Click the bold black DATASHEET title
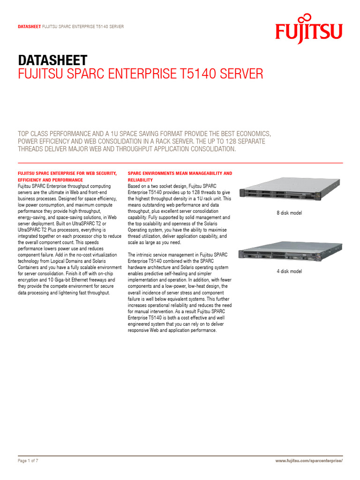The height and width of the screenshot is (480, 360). pyautogui.click(x=52, y=60)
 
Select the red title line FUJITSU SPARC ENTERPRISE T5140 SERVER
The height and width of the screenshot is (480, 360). pyautogui.click(x=140, y=75)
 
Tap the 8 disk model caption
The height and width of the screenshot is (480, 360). pyautogui.click(x=289, y=213)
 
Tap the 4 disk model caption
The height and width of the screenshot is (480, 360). pyautogui.click(x=289, y=271)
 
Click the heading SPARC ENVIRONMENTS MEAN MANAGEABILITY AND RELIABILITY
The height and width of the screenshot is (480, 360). pyautogui.click(x=180, y=176)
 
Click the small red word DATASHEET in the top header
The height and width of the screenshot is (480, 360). pyautogui.click(x=29, y=27)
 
